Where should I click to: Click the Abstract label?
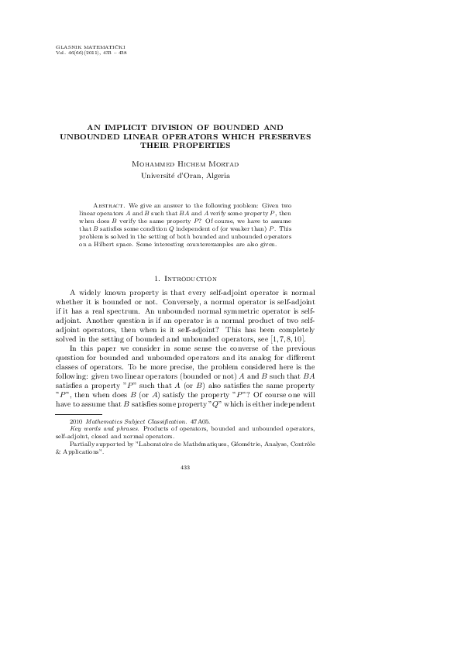110,203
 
